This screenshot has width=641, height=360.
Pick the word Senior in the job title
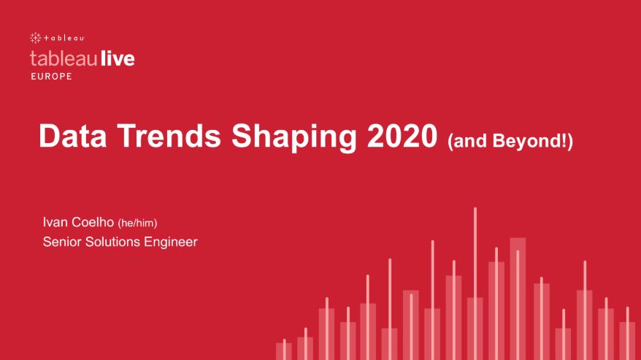(x=63, y=241)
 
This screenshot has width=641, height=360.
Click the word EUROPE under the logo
(x=51, y=77)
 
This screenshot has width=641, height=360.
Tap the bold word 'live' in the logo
(x=115, y=58)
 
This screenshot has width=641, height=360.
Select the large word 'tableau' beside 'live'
(x=62, y=58)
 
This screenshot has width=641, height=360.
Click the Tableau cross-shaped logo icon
(x=35, y=37)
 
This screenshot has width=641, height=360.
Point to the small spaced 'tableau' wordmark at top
(x=64, y=37)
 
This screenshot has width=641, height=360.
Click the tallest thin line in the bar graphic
(x=475, y=277)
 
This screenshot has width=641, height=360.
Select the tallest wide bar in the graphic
(x=518, y=296)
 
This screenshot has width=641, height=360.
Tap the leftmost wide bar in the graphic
(x=284, y=351)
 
